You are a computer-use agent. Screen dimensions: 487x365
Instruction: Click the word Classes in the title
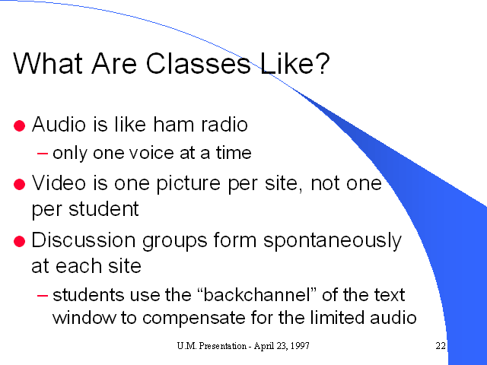tap(198, 63)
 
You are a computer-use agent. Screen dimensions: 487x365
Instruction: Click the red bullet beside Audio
tap(19, 125)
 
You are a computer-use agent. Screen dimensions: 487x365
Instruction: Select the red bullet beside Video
tap(19, 184)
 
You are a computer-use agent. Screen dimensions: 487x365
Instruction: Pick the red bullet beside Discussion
tap(19, 241)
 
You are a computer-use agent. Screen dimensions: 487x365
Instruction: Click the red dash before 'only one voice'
tap(43, 154)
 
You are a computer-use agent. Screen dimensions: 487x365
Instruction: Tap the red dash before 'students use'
tap(43, 295)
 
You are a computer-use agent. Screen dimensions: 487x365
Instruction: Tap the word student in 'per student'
tap(103, 208)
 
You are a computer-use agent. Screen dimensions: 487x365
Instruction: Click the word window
tap(84, 318)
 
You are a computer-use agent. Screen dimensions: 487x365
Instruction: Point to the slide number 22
tap(441, 346)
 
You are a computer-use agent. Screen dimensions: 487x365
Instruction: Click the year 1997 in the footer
tap(301, 346)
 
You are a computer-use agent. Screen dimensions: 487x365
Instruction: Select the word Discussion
tap(84, 240)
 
